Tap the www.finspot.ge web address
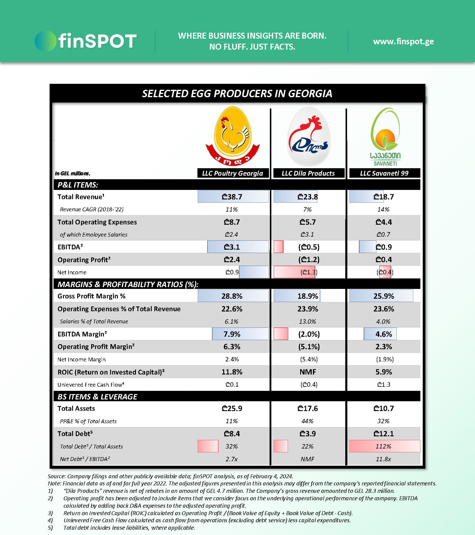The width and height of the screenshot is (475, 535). (x=403, y=41)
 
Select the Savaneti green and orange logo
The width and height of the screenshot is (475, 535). (x=385, y=137)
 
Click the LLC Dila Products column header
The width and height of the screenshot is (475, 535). (x=308, y=173)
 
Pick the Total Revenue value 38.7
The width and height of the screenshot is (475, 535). (x=232, y=197)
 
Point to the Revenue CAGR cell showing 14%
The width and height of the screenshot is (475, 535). (x=383, y=210)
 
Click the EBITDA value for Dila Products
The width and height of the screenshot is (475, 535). (x=309, y=247)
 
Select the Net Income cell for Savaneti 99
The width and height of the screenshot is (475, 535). (x=385, y=272)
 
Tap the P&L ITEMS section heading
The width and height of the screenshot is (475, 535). (x=78, y=185)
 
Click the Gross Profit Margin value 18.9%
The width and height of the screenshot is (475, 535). (x=308, y=296)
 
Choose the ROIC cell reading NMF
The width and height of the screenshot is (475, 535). (x=308, y=372)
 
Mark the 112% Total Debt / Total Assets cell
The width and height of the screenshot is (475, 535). (x=384, y=446)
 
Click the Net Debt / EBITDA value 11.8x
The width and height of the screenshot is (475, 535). (x=383, y=459)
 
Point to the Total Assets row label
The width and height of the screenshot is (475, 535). (x=76, y=409)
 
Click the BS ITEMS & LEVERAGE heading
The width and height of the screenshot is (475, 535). (x=97, y=397)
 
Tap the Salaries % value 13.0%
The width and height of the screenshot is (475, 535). (x=308, y=322)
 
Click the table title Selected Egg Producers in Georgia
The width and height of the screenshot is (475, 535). (x=237, y=94)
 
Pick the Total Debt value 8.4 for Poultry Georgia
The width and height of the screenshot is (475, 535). (x=232, y=434)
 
